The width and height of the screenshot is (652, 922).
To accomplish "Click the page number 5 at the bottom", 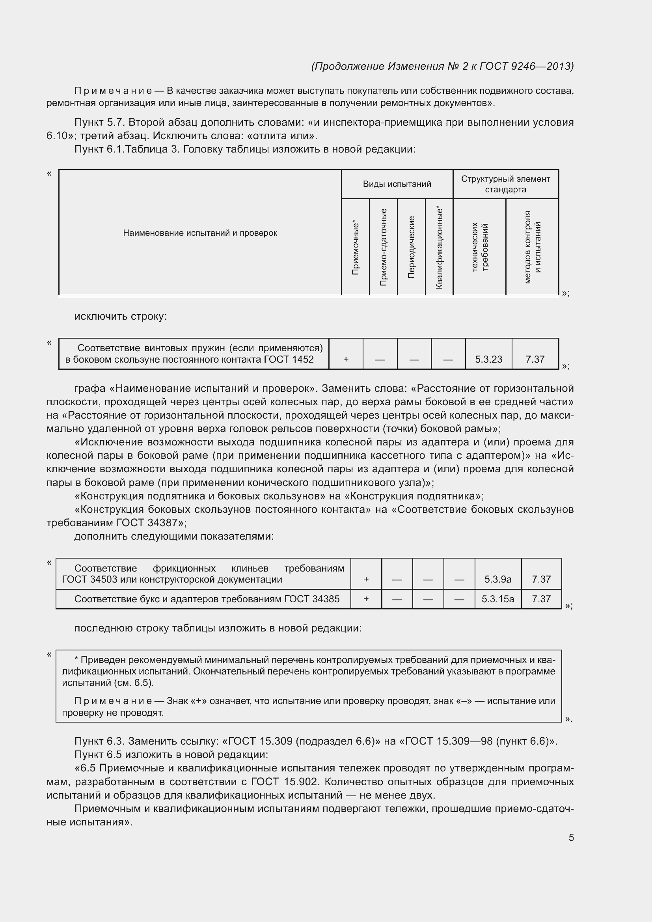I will pos(571,837).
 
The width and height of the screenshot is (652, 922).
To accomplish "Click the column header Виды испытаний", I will pos(397,184).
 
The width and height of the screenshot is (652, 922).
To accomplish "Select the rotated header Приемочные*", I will pos(355,247).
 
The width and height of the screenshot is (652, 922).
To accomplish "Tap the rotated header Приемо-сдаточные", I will pos(383,247).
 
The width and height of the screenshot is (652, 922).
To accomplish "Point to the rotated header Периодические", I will pos(411,247).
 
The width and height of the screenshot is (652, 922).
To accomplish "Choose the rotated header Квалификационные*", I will pos(439,247).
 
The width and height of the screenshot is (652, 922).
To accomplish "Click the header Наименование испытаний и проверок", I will pos(200,233).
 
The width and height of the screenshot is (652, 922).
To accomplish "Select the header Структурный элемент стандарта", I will pos(505,184).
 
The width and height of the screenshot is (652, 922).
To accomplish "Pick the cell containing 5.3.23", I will pos(488,359).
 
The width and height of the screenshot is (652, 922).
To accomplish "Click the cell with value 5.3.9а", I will pos(498,579).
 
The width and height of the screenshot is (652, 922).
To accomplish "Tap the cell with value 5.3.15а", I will pos(498,599).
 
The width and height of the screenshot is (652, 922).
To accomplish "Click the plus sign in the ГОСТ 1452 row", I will pos(346,359).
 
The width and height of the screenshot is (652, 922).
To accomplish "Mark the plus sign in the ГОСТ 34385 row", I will pos(366,599).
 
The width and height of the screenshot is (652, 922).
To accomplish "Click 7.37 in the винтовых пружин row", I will pos(535,359).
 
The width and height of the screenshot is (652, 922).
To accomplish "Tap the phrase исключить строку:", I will pos(121,317).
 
